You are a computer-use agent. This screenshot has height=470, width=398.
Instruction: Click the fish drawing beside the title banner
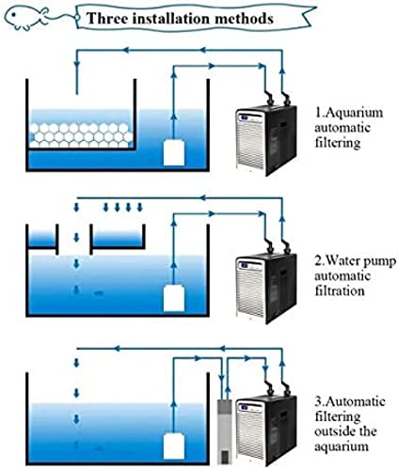click(x=27, y=18)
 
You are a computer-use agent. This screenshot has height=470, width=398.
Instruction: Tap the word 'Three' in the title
click(x=107, y=18)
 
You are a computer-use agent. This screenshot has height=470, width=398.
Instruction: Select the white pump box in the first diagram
click(x=174, y=152)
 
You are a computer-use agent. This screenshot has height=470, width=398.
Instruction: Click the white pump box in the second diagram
click(x=174, y=298)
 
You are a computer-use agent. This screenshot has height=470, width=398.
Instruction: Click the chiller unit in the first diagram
click(x=266, y=140)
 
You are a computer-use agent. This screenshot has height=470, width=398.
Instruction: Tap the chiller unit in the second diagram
click(x=266, y=289)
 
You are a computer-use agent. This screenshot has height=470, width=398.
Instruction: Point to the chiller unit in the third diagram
click(x=266, y=431)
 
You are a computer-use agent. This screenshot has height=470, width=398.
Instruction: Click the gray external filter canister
click(x=225, y=431)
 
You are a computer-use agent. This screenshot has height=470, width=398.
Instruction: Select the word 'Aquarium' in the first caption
click(x=354, y=114)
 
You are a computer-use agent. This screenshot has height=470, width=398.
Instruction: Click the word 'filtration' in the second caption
click(x=340, y=291)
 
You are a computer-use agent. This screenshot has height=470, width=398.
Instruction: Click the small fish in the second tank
click(x=99, y=293)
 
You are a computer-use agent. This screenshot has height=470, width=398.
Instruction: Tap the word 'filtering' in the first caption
click(x=338, y=144)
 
